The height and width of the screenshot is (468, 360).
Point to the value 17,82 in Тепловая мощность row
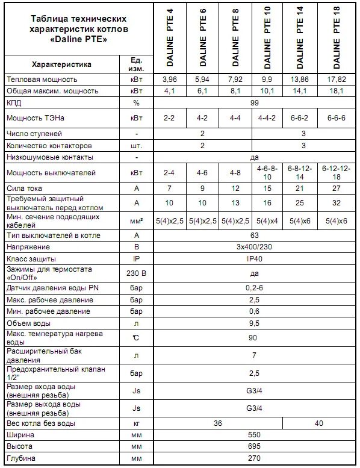coord(335,79)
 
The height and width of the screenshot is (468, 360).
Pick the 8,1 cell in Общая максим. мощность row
coord(235,91)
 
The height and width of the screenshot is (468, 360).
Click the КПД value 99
coord(253,103)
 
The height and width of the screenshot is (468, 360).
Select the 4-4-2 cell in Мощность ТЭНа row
coord(267,118)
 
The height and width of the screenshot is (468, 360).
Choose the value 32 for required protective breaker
coord(335,203)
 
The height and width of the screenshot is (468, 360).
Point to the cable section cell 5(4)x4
coord(267,221)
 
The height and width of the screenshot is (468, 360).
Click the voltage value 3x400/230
coord(253,247)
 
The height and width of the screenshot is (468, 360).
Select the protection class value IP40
coord(253,258)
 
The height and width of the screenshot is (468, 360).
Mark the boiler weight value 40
coord(318,423)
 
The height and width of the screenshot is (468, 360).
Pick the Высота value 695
coord(253,447)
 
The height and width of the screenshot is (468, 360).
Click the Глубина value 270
coord(253,459)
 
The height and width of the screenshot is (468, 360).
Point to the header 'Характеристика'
coord(61,64)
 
